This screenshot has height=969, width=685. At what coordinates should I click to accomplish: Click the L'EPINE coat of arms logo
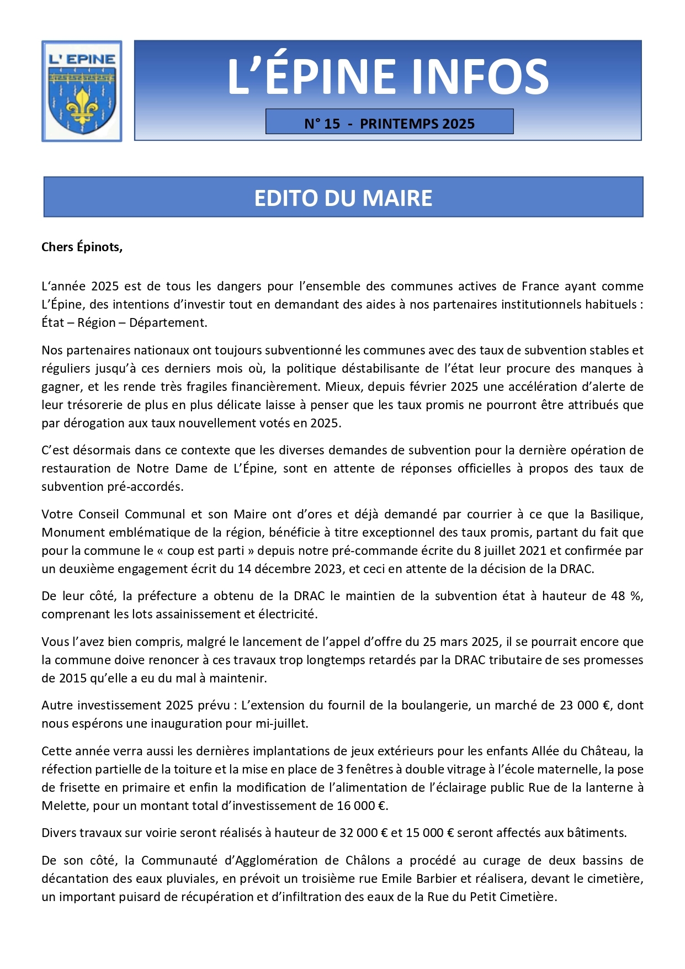[82, 91]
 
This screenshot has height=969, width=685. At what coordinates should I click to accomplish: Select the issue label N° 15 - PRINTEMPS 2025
[389, 124]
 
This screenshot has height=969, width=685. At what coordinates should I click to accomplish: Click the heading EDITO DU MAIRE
[343, 198]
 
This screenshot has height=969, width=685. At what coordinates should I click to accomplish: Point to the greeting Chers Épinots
[82, 247]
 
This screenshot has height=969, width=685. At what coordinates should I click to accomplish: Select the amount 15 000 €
[429, 833]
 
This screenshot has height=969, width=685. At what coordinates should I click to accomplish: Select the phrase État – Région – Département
[124, 322]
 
